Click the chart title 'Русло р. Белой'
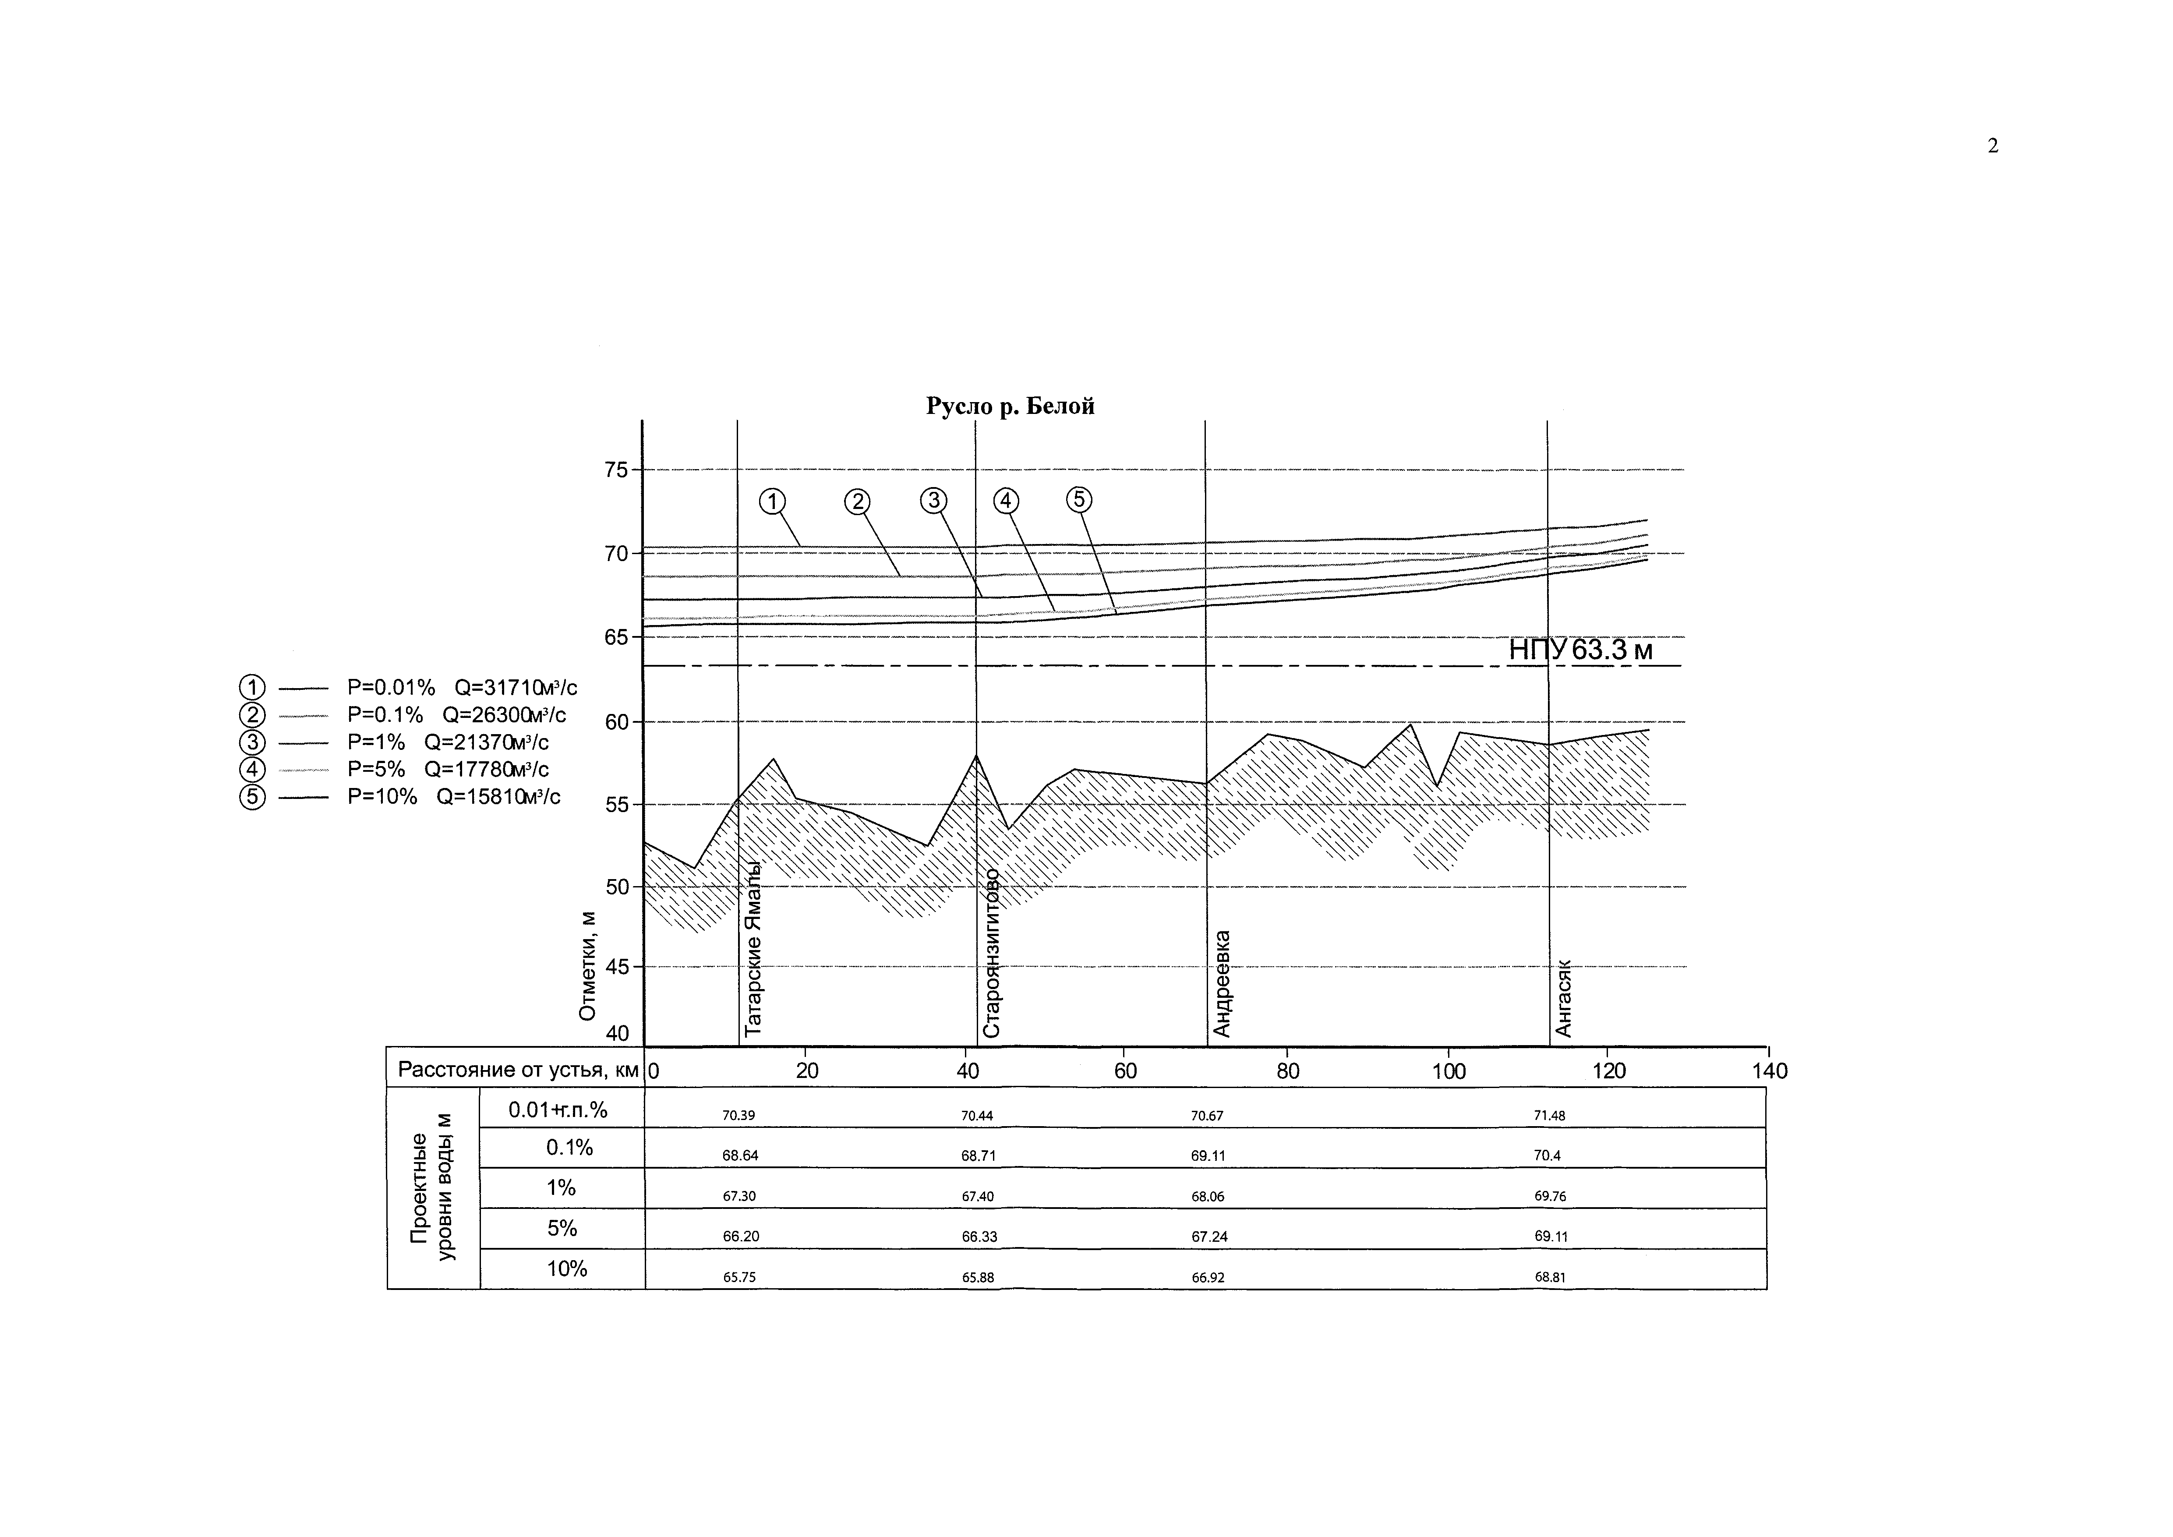(x=1010, y=406)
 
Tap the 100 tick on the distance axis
(x=1448, y=1071)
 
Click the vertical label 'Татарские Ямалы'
(x=753, y=949)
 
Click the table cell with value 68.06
(x=1208, y=1196)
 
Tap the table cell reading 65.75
(x=739, y=1277)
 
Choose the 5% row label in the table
(x=561, y=1229)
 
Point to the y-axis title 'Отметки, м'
(x=588, y=965)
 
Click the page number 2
(x=1992, y=146)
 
